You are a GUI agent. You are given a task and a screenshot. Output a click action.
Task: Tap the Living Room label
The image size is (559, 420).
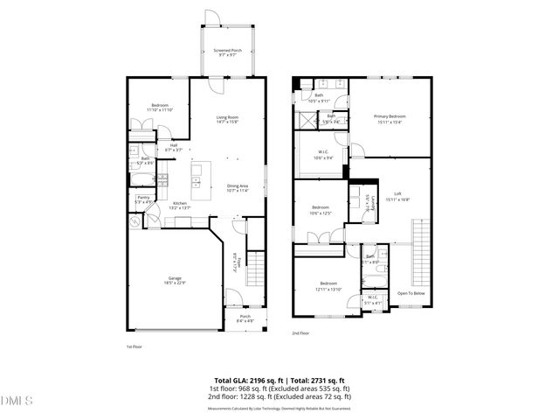coord(227,120)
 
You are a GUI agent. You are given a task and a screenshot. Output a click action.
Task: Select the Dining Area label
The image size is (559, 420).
coord(238,187)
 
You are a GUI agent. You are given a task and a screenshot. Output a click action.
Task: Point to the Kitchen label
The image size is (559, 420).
coord(179,206)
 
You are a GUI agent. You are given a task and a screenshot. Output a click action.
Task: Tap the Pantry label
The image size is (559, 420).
coord(142,200)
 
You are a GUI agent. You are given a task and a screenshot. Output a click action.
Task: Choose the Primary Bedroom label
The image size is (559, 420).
coord(390,118)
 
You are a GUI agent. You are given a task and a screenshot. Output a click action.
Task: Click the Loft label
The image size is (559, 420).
coord(397,196)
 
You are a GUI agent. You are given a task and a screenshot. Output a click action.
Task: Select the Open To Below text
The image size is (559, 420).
coord(411,293)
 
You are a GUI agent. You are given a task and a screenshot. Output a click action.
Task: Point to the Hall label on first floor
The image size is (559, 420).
coord(174,147)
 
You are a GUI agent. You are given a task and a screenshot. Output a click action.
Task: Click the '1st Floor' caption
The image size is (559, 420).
coord(135,346)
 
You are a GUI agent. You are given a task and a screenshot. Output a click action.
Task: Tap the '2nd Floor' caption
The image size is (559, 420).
coord(301,333)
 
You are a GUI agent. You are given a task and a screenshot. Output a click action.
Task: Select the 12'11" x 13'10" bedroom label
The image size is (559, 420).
coord(328,286)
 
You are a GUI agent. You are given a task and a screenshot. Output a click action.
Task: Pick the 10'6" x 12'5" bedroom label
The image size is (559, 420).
coord(321,210)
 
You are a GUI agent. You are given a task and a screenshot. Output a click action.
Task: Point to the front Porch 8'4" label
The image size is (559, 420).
coord(245,319)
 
